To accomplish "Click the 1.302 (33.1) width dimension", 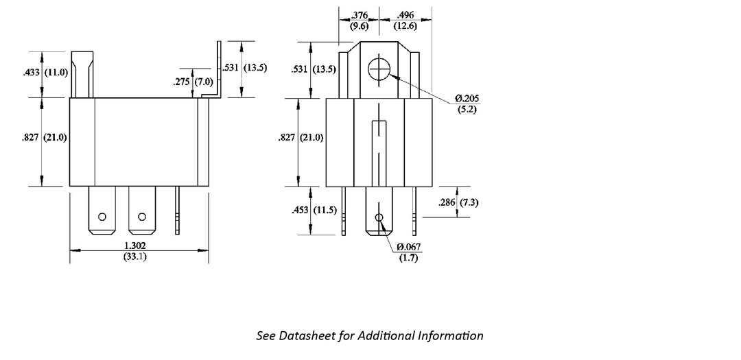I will click(135, 251).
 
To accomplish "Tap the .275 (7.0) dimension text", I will click(194, 82).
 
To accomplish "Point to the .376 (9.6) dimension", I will click(360, 21).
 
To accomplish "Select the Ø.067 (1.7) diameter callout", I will click(408, 252).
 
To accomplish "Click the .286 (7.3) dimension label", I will click(459, 202).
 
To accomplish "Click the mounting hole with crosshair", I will click(379, 69).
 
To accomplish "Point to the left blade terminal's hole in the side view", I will click(102, 217).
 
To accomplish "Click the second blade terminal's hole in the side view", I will click(141, 217).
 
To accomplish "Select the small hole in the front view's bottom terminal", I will click(378, 218).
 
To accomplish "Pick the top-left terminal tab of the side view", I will click(82, 73).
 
